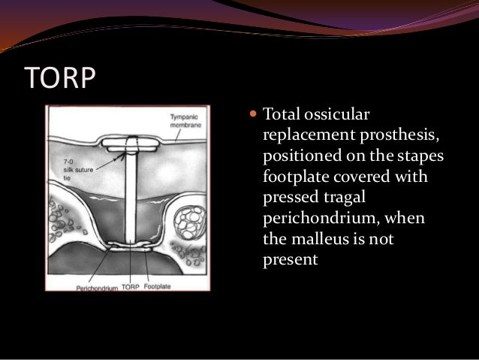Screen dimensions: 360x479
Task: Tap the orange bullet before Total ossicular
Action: [252, 118]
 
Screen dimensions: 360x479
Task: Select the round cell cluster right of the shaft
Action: [187, 223]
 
